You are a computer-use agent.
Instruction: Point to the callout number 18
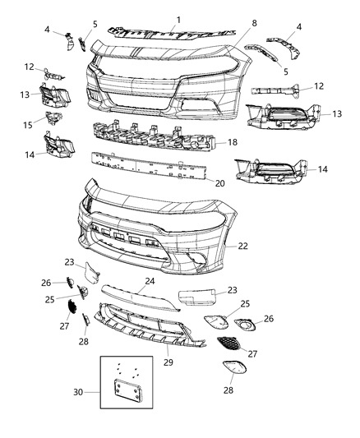(232, 141)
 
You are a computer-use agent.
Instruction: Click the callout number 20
(218, 183)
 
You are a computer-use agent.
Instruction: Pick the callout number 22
(243, 246)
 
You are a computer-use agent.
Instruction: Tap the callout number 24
(150, 280)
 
